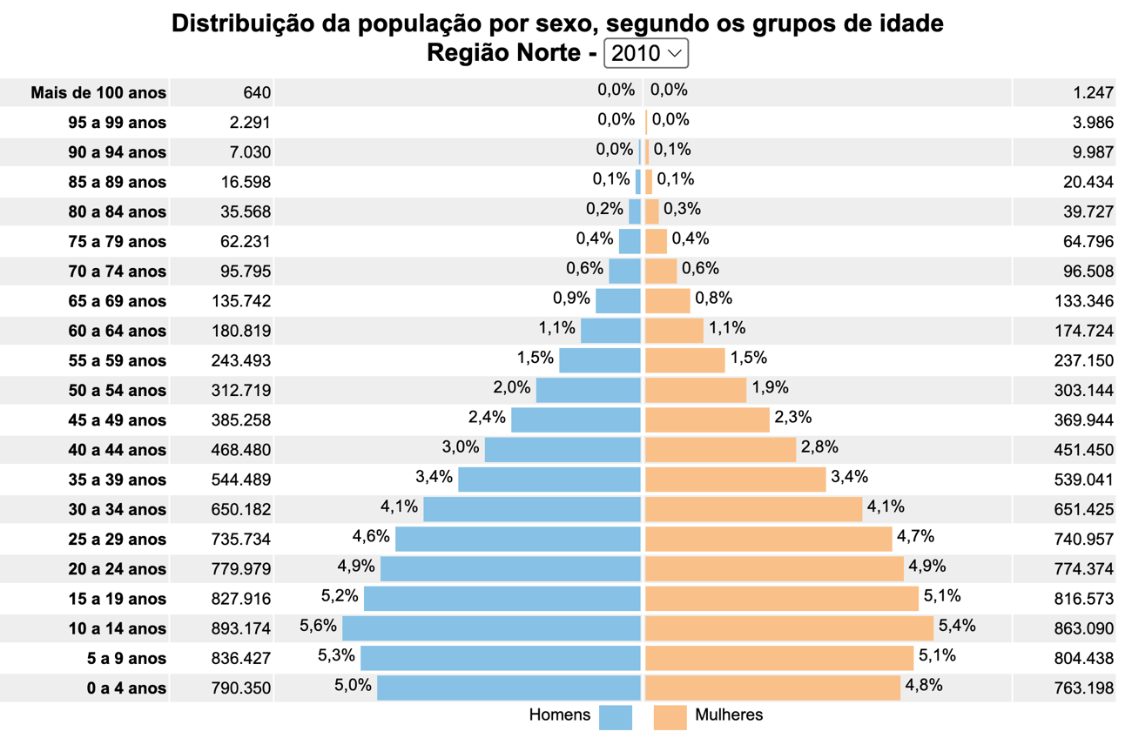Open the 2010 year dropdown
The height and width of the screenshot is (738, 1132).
(x=645, y=53)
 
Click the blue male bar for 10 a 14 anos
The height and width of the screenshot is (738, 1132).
(x=491, y=628)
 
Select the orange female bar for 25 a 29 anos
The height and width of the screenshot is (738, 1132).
(x=768, y=539)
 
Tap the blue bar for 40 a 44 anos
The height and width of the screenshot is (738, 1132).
(x=563, y=450)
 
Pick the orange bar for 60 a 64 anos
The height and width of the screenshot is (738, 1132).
(x=674, y=331)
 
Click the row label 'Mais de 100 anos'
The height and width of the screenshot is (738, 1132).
(x=98, y=93)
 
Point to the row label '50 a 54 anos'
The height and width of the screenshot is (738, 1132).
(x=117, y=391)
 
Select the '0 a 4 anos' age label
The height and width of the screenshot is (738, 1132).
(x=126, y=688)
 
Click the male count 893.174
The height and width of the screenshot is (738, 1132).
(x=241, y=628)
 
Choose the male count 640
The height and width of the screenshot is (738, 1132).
(x=258, y=93)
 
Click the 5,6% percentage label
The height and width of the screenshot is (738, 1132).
(x=318, y=625)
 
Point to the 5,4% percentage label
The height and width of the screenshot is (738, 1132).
(x=957, y=625)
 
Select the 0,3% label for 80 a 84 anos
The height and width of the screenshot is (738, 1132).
(x=682, y=209)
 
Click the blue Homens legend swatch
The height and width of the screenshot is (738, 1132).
(x=615, y=717)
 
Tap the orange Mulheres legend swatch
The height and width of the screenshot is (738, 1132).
(x=670, y=717)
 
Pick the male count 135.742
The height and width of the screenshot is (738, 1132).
(x=241, y=301)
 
